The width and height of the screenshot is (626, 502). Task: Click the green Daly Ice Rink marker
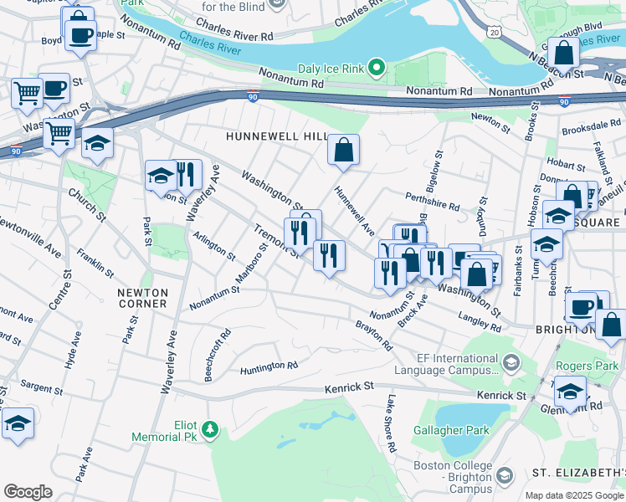[x=377, y=68]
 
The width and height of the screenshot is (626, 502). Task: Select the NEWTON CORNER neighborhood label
[x=142, y=298]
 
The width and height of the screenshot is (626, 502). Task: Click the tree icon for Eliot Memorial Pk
[x=211, y=430]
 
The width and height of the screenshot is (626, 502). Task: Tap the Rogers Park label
[x=588, y=365]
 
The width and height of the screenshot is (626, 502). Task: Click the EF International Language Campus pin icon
[x=510, y=362]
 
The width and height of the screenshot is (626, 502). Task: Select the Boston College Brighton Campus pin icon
[x=504, y=475]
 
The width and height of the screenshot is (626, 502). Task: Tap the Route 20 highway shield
[x=495, y=32]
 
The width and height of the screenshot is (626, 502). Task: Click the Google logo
[x=28, y=491]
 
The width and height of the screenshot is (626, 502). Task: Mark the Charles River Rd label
[x=242, y=37]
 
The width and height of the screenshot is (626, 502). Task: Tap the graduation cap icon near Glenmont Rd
[x=570, y=392]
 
